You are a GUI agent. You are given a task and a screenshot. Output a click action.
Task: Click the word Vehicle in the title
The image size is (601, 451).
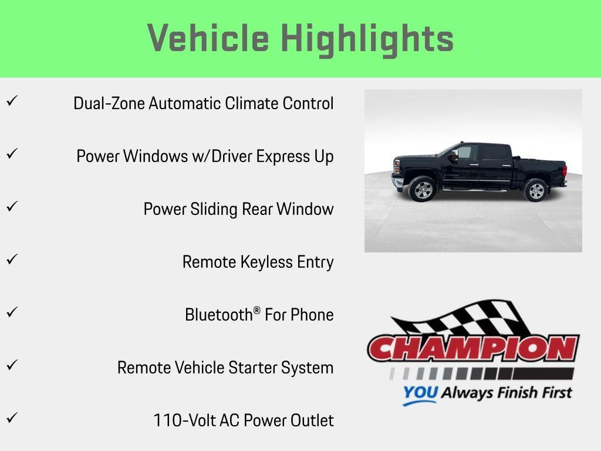[208, 38]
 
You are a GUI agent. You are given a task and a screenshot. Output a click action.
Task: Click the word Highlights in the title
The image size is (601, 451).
[367, 39]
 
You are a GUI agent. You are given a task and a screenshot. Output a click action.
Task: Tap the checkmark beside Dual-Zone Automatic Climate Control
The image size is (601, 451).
[12, 101]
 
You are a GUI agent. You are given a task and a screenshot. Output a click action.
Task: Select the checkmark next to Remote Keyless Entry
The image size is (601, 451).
[12, 260]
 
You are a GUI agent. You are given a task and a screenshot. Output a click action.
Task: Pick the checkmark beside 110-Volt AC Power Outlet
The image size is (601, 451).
[12, 418]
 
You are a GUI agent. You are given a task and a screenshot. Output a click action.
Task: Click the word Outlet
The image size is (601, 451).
[313, 420]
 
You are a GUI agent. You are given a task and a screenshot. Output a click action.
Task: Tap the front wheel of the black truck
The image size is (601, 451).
[423, 190]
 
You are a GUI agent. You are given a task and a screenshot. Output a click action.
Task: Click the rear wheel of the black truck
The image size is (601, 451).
[536, 190]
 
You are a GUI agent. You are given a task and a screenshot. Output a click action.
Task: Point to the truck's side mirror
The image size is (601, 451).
[453, 156]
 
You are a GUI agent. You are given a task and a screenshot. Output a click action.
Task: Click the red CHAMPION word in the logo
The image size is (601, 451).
[473, 349]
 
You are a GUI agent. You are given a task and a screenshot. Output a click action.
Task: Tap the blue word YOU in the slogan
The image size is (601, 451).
[420, 393]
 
